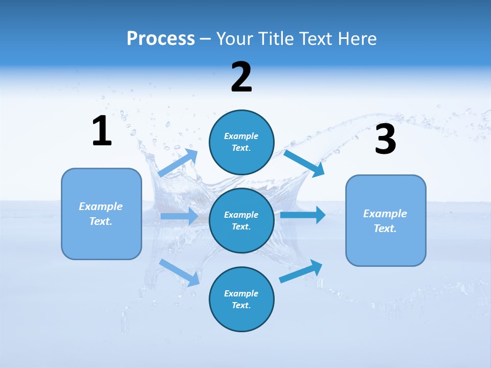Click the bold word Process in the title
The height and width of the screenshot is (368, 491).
(161, 39)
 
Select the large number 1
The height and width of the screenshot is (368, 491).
(102, 131)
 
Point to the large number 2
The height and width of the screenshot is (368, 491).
(241, 77)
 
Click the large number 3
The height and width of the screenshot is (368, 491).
(385, 140)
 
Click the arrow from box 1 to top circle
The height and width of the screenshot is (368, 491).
(178, 163)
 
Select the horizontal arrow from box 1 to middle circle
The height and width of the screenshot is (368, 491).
(179, 216)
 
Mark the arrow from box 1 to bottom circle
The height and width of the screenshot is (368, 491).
(180, 272)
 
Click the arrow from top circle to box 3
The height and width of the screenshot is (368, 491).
(304, 163)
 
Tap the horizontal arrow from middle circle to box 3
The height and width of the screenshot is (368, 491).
(303, 215)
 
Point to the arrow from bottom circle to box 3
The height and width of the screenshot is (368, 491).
(301, 271)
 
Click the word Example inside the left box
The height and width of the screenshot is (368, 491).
(101, 206)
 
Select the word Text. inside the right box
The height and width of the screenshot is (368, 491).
(385, 228)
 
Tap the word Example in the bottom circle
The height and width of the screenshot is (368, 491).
(241, 293)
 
